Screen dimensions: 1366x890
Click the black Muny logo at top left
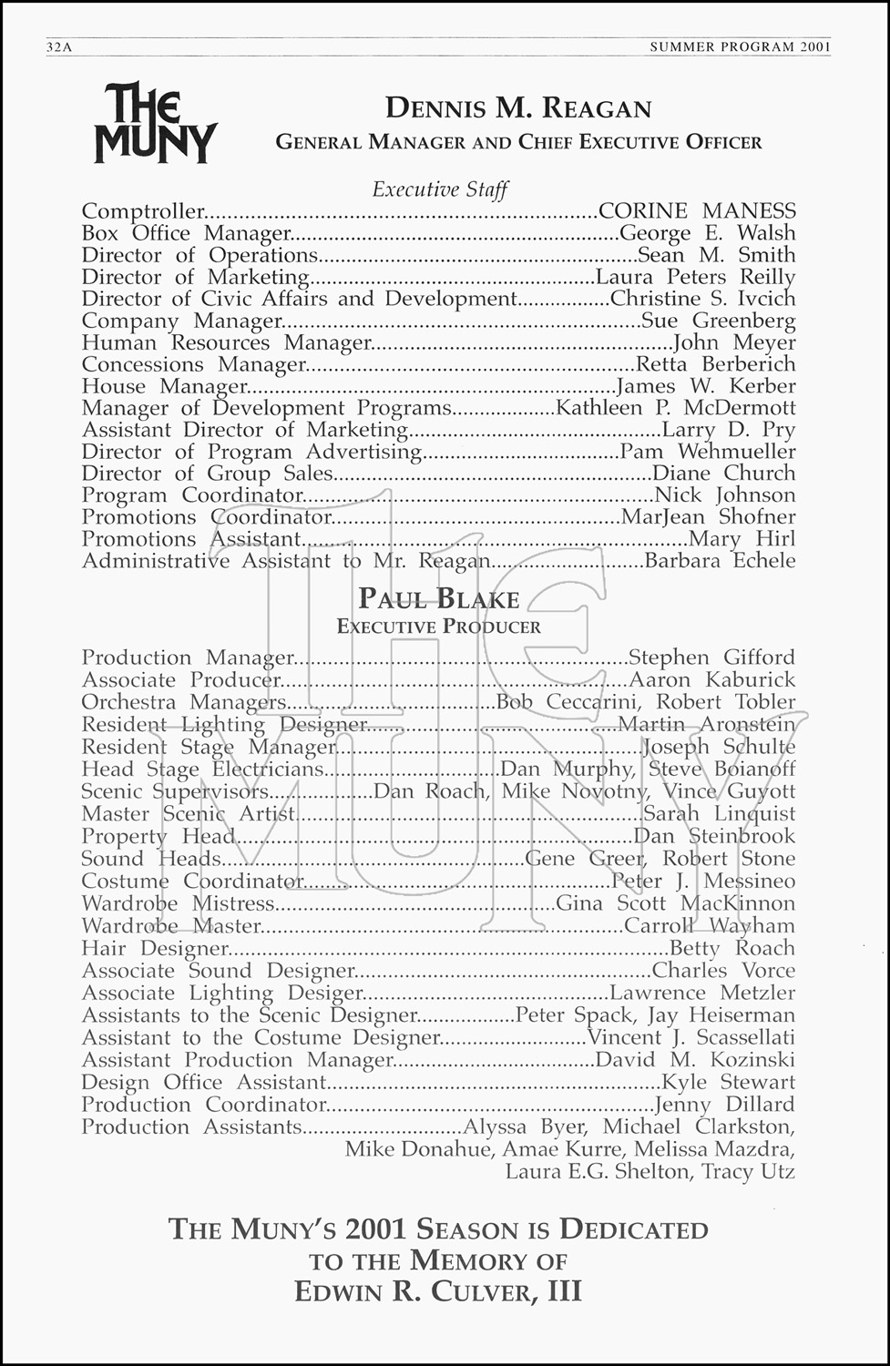(x=155, y=123)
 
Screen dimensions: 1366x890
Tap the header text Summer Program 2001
(x=740, y=47)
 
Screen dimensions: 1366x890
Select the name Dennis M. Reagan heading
(x=518, y=108)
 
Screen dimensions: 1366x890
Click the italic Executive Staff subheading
(x=440, y=189)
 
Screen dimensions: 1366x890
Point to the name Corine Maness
(x=697, y=211)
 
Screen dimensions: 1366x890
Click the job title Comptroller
(x=143, y=211)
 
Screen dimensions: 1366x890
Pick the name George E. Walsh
(x=707, y=233)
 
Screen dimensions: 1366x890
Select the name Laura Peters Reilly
(x=695, y=277)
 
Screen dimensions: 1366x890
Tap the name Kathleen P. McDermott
(x=675, y=408)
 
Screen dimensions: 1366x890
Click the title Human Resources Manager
(x=227, y=342)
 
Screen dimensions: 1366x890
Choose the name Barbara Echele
(x=720, y=561)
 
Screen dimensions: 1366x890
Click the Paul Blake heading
(x=439, y=598)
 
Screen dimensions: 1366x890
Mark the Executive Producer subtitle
(x=439, y=627)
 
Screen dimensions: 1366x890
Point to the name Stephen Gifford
(x=711, y=658)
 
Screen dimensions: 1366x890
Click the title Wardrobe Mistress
(x=178, y=903)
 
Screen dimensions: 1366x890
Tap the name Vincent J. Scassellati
(x=691, y=1037)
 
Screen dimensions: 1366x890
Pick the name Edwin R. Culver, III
(x=438, y=1291)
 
